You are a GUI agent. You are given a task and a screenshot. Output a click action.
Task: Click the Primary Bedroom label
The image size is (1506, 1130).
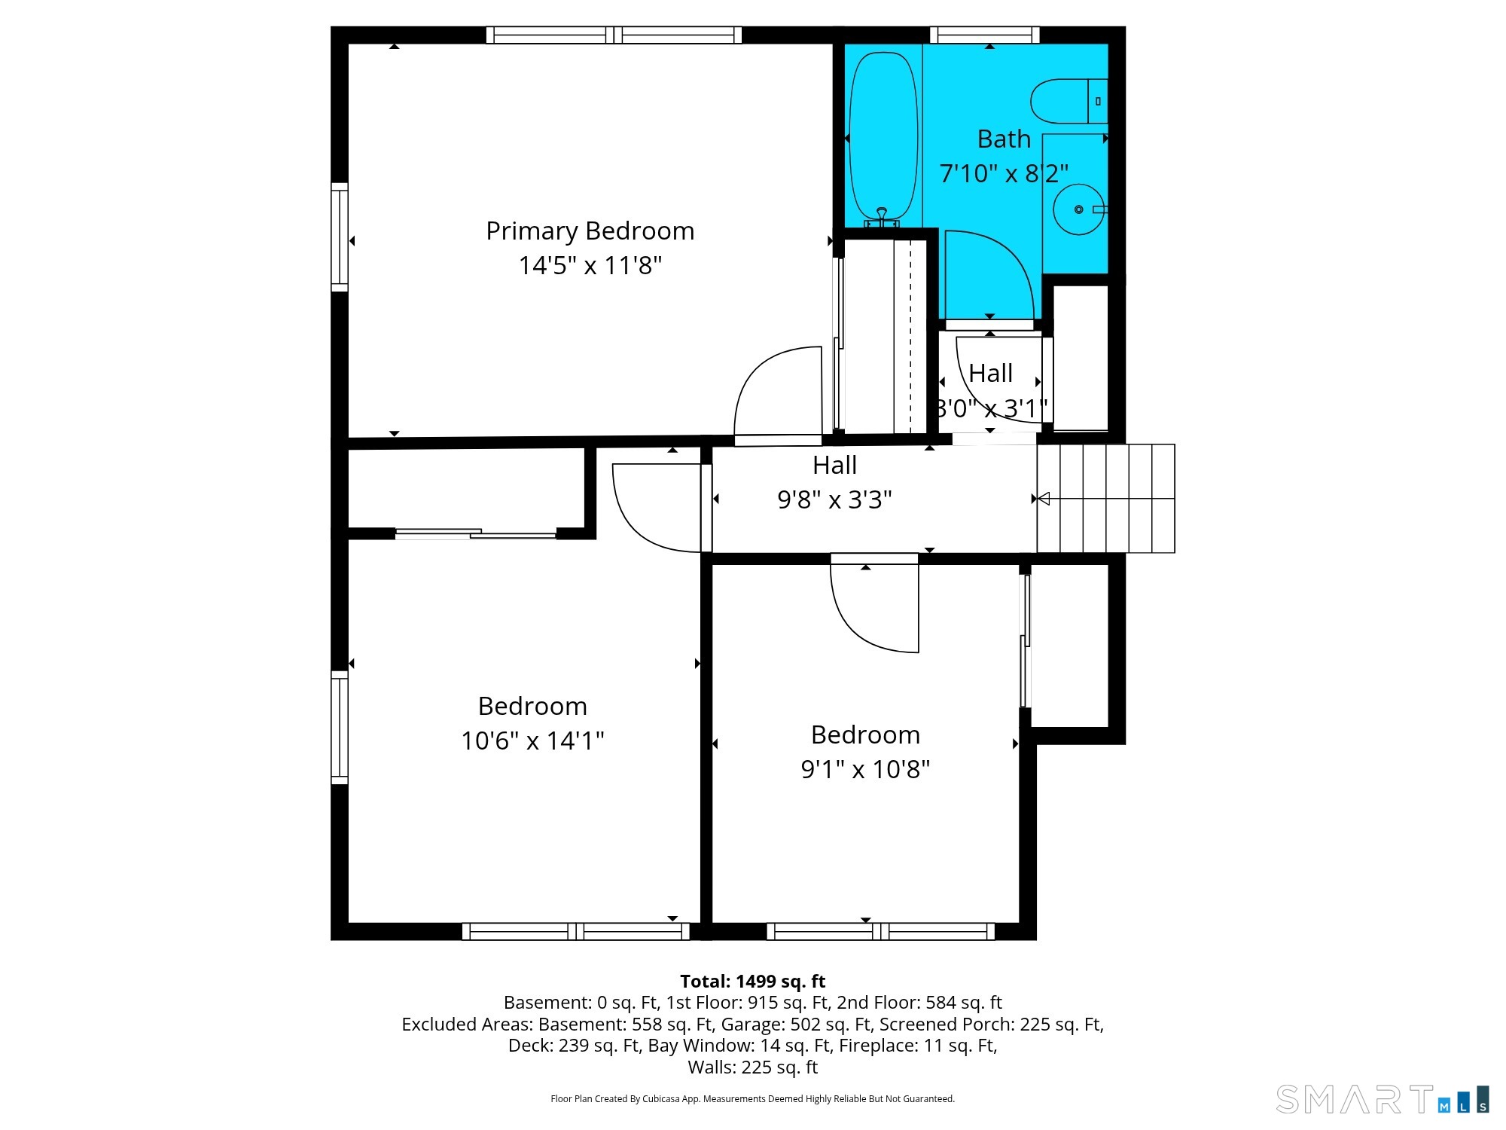(590, 231)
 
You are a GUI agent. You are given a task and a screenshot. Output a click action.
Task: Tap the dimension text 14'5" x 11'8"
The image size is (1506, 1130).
(590, 265)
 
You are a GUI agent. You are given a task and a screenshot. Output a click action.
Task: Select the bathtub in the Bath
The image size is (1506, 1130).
(883, 139)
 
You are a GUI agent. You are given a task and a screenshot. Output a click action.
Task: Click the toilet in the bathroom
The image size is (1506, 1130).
(1069, 101)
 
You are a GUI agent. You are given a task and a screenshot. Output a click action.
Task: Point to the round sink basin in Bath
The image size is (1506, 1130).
(1078, 209)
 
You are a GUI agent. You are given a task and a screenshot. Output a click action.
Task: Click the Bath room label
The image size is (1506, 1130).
(1003, 139)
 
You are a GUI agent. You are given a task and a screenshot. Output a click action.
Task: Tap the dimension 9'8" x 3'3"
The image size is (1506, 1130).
(834, 499)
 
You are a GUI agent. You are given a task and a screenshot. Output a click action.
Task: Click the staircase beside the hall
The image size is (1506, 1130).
(1105, 499)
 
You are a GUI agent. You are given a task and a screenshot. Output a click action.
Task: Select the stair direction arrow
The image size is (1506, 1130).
(1044, 499)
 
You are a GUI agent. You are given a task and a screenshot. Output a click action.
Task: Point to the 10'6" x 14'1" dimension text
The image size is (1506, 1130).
(532, 741)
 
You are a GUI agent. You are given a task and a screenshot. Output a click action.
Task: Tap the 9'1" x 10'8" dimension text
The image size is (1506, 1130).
(865, 769)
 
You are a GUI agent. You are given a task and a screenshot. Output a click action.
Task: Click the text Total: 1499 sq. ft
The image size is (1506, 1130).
(752, 982)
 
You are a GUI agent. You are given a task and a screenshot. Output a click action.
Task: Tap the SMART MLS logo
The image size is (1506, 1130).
(1383, 1099)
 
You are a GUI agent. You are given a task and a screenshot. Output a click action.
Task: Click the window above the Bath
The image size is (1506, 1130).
(985, 35)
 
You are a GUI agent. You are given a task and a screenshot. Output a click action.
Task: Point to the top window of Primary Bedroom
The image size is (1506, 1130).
(614, 35)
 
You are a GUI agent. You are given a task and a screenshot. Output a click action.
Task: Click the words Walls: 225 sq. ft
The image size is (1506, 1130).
(752, 1067)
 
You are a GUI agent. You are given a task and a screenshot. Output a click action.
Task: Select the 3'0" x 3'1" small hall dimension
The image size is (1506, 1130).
(991, 408)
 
